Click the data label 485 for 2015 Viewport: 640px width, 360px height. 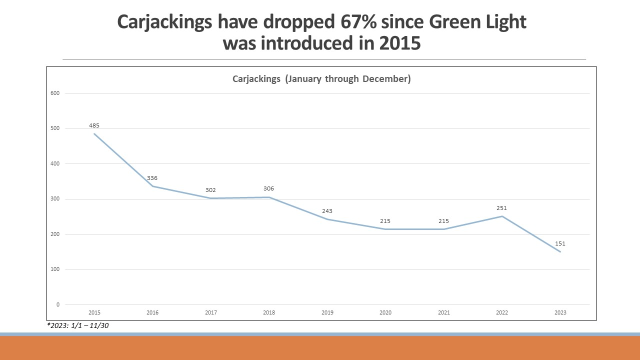94,125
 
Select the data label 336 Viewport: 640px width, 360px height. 152,178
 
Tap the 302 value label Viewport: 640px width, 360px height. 210,190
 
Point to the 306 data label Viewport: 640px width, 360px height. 269,188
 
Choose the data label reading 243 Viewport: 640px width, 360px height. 327,211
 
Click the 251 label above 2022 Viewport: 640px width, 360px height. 502,208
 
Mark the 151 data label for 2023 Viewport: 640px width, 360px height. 560,243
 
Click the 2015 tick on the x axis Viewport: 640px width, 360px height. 94,312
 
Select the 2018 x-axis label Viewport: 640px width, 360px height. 269,312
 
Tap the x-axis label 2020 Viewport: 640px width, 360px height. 385,312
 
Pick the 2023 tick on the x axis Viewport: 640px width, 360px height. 560,312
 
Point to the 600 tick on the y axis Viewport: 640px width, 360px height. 55,93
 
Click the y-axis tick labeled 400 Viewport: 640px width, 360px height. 55,163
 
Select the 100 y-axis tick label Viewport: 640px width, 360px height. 55,269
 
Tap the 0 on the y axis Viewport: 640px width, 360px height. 57,304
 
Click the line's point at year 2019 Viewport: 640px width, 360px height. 327,219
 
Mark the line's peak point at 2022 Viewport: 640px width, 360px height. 502,216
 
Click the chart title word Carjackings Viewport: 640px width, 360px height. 256,79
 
